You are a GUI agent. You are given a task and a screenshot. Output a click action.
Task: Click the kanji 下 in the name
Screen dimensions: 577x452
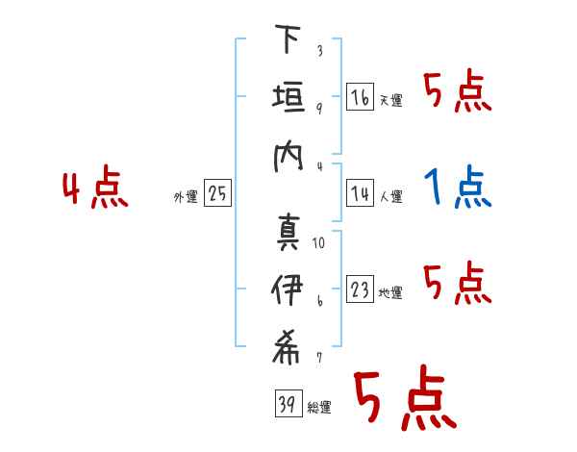(x=288, y=38)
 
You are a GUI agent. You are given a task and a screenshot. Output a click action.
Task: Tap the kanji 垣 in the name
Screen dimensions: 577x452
(x=288, y=97)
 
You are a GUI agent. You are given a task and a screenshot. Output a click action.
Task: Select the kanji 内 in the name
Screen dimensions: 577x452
(x=288, y=157)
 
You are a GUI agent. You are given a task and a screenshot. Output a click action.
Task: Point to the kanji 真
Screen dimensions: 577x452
(x=288, y=233)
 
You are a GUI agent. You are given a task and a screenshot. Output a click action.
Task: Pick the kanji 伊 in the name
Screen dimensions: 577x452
(x=287, y=289)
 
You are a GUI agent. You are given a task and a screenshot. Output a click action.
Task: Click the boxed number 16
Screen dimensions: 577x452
(x=360, y=97)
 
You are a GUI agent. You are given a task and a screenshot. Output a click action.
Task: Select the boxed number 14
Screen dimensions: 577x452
(x=360, y=193)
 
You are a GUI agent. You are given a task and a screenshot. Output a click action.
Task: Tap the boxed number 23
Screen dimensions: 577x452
(x=360, y=289)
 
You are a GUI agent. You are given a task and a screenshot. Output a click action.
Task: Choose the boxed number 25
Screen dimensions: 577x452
(x=217, y=193)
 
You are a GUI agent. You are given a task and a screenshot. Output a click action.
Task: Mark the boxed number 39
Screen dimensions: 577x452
(x=288, y=403)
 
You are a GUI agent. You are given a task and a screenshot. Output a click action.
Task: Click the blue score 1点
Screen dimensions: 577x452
(x=458, y=186)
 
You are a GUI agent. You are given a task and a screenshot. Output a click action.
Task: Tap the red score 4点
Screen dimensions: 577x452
(x=95, y=187)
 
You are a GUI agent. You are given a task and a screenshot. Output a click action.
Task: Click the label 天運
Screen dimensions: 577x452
(x=391, y=100)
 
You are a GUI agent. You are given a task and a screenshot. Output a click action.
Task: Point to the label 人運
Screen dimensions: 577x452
(x=391, y=196)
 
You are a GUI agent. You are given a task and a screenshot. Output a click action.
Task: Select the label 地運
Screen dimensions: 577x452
(x=390, y=292)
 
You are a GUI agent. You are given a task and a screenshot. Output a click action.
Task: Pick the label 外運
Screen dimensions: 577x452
(x=186, y=197)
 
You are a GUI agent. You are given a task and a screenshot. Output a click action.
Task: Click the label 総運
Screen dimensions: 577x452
(x=319, y=408)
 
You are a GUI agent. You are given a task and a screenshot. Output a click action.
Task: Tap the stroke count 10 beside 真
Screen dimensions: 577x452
(x=318, y=243)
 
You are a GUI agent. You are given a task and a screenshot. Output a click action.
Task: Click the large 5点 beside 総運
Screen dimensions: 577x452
(x=405, y=397)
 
